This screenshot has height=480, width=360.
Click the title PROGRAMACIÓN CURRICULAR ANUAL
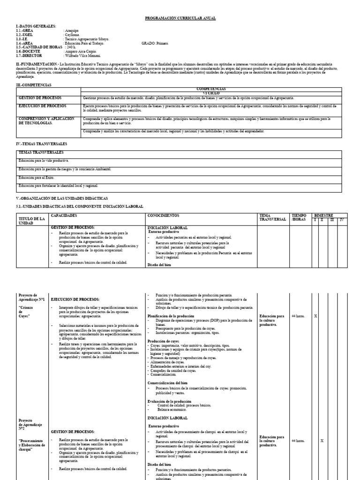[x=180, y=18]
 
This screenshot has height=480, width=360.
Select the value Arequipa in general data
[x=72, y=30]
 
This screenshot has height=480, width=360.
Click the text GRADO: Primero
[x=155, y=44]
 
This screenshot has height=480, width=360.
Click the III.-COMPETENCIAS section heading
[x=34, y=85]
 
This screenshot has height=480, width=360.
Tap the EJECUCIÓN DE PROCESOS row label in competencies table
[x=42, y=106]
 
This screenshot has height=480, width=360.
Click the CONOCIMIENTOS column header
[x=163, y=216]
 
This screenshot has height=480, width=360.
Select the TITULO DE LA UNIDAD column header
[x=31, y=221]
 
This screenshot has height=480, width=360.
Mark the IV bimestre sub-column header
[x=342, y=220]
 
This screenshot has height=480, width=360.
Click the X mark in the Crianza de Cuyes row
[x=315, y=316]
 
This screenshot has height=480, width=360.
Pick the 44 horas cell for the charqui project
[x=298, y=441]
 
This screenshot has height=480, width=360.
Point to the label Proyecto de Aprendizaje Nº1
[x=31, y=297]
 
